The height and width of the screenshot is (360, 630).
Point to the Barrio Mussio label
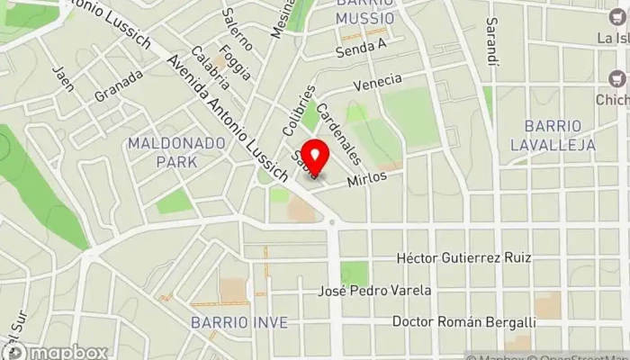(x=366, y=10)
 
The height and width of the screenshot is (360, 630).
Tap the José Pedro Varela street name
(x=375, y=291)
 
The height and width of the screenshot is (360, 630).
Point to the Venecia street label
(x=377, y=83)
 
